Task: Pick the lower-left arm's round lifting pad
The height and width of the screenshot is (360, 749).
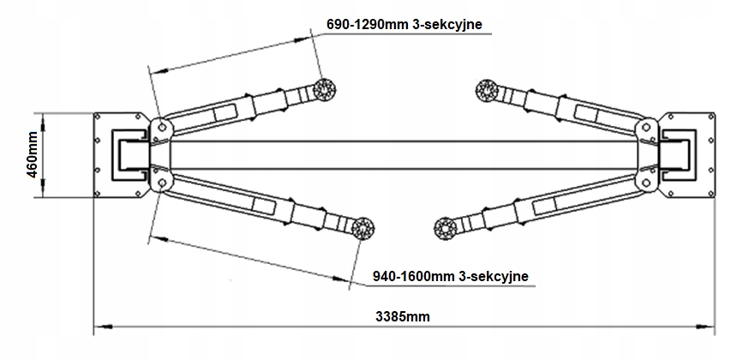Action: (x=362, y=226)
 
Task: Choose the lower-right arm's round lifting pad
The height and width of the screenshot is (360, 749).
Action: (x=444, y=227)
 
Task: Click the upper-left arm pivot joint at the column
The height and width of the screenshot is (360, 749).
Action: (x=159, y=128)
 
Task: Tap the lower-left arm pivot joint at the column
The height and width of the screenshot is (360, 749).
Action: (x=159, y=182)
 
